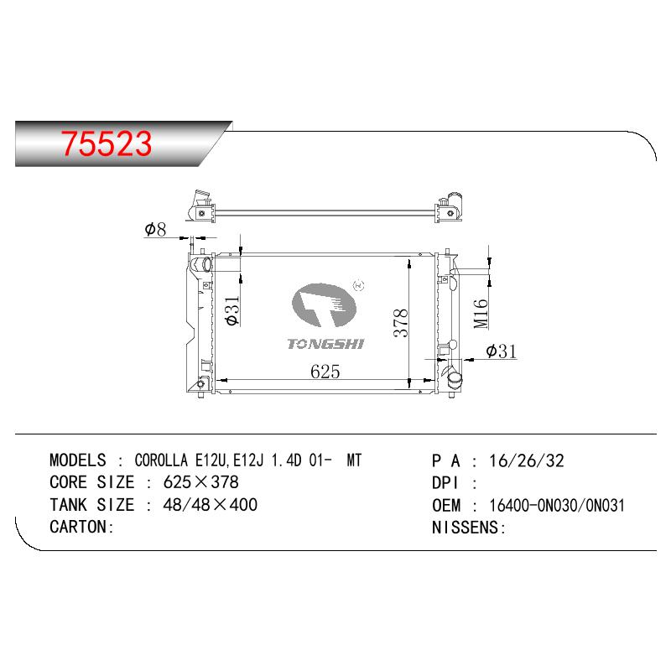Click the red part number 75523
107,143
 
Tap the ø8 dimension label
155,230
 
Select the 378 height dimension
402,323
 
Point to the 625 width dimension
325,372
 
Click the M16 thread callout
481,314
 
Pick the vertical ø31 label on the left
233,311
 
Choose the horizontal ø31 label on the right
501,351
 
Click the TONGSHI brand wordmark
325,344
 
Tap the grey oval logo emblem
324,304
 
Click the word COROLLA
161,460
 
